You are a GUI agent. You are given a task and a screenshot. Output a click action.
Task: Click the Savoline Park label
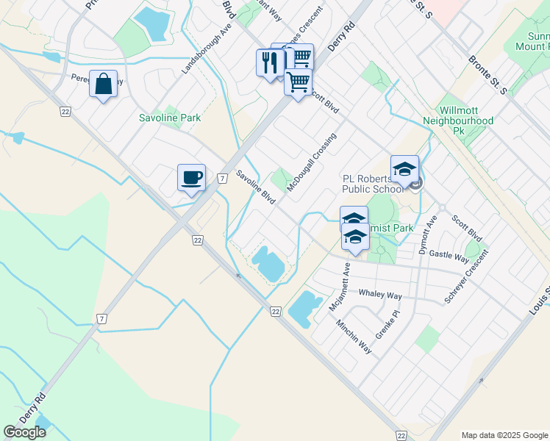[170, 118]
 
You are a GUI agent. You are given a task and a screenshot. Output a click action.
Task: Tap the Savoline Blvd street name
[255, 188]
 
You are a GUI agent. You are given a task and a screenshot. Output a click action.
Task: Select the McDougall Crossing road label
[312, 163]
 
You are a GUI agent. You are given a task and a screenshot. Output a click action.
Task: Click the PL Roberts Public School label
[373, 183]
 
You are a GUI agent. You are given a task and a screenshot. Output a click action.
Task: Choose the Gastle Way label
[449, 256]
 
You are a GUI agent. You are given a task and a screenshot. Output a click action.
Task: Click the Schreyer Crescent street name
[465, 277]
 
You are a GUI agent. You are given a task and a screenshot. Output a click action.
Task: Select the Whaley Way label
[380, 295]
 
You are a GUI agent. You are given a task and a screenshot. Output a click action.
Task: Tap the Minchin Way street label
[354, 337]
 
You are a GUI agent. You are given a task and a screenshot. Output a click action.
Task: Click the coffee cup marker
[191, 177]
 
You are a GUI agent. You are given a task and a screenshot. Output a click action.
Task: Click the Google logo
[24, 432]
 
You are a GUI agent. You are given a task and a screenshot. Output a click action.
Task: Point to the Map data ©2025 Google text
[504, 435]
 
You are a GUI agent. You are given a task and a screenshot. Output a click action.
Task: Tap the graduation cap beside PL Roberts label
[404, 169]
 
